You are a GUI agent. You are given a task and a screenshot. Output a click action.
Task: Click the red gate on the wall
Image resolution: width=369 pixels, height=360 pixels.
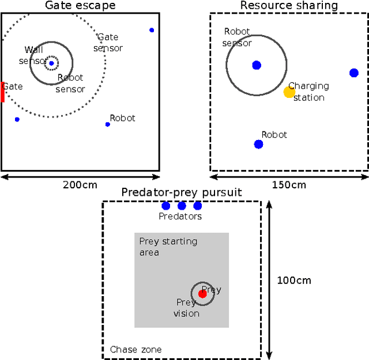2,92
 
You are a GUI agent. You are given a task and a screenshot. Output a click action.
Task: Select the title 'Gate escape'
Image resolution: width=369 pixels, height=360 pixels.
80,6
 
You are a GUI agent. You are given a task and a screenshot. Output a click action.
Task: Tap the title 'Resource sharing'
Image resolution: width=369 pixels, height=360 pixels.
289,6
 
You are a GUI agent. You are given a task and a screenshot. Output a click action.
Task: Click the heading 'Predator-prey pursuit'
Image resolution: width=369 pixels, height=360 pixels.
182,192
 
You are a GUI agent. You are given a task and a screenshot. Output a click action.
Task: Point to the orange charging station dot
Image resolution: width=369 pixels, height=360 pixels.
289,92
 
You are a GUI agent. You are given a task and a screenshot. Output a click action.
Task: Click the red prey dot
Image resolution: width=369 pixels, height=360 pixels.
202,294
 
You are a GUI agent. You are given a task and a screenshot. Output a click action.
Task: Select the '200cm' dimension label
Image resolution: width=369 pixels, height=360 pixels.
80,185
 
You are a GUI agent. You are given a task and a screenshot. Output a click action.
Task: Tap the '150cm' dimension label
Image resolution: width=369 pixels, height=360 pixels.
289,185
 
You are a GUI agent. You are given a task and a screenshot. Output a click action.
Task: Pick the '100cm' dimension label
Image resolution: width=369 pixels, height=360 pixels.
293,281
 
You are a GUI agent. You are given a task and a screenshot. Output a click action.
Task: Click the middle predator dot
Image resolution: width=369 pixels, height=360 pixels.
182,206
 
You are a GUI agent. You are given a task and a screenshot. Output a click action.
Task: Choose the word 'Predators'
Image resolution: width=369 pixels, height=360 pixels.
180,217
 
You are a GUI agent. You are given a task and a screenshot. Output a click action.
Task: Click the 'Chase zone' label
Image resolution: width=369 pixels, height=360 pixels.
136,349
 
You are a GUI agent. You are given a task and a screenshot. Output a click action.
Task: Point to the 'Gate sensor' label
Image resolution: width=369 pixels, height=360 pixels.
108,43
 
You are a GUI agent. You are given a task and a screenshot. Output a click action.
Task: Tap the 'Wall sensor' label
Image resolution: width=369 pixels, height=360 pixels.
32,55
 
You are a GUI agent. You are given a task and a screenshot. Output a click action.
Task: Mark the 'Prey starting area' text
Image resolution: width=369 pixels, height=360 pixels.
168,247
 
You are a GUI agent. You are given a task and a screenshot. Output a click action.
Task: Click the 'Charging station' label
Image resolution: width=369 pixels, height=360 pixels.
308,92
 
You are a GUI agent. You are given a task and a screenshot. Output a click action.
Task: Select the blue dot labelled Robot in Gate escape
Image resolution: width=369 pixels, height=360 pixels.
108,124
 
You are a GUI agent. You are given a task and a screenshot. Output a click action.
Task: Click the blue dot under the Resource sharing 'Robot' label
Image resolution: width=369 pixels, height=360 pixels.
259,144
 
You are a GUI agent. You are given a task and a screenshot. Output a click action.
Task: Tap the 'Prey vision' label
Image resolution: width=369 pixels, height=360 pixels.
186,308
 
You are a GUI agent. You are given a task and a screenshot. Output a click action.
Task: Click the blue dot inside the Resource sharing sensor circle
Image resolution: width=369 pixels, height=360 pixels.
257,65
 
